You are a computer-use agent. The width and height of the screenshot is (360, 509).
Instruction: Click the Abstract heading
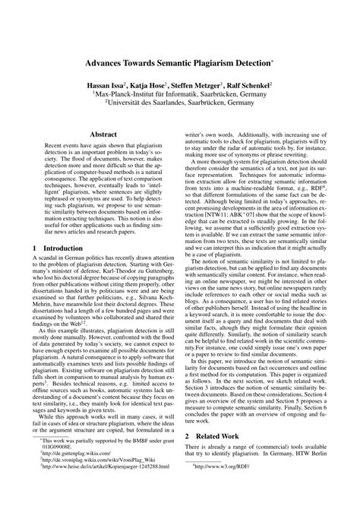[103, 134]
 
